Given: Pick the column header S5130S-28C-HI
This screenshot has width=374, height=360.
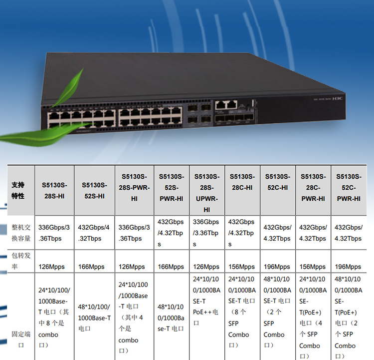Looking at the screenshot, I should (x=242, y=182).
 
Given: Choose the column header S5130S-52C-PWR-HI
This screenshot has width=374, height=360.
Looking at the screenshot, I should (x=349, y=187).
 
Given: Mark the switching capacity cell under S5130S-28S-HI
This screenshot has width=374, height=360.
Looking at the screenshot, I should (x=54, y=233).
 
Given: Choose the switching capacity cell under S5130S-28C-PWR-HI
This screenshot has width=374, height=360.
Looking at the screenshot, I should (x=313, y=233).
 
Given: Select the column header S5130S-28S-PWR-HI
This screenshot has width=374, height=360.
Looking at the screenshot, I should (x=134, y=187).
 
